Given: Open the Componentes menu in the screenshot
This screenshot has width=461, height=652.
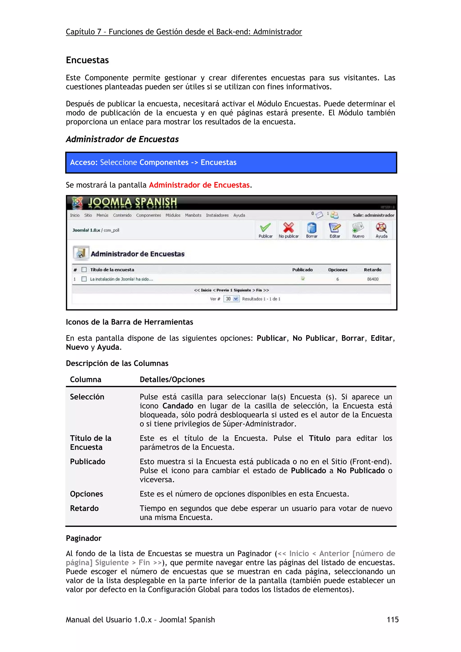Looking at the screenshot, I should point(148,215).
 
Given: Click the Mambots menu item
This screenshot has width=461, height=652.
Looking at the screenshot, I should point(193,215).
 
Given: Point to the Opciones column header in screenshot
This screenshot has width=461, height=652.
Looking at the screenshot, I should point(337,270).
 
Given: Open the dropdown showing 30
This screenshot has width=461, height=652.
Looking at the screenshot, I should point(231,299).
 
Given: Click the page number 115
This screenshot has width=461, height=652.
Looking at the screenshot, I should point(393,619).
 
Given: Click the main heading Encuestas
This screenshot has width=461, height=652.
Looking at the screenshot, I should point(87,60).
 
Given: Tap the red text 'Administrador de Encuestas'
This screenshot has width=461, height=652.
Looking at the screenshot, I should point(199,185).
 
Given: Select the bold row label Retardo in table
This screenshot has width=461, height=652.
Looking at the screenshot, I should point(84,508).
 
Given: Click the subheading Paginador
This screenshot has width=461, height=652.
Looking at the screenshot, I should point(84,538).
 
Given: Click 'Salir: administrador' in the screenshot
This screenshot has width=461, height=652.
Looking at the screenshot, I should point(373,215).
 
